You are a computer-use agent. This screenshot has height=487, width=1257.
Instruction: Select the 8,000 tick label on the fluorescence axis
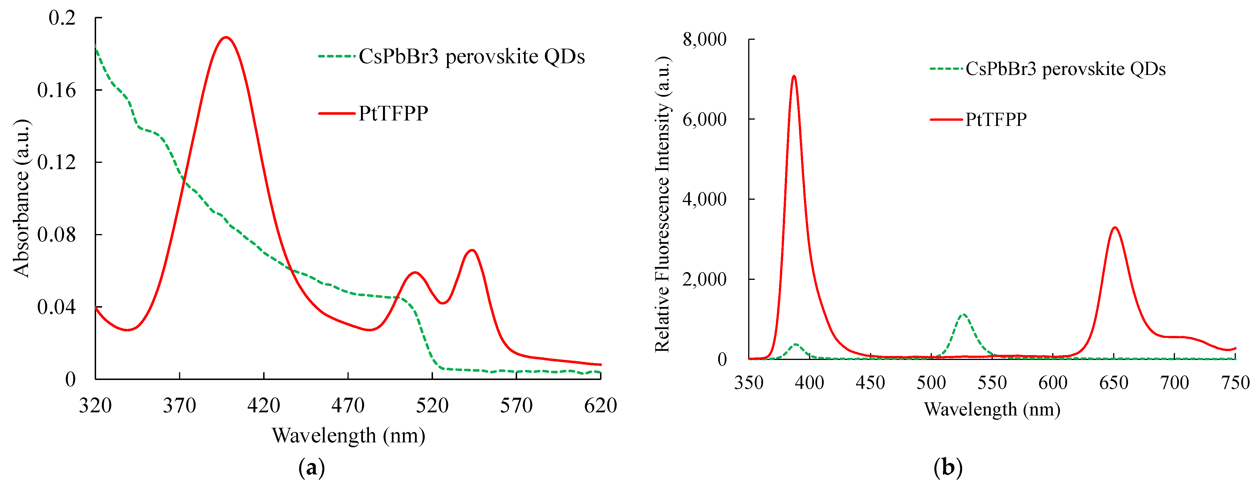(704, 39)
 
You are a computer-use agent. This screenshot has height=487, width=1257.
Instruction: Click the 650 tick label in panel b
(1113, 383)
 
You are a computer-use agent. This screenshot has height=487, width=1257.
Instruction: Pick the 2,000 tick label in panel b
(704, 280)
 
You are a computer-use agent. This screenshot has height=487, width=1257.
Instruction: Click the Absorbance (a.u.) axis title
(21, 198)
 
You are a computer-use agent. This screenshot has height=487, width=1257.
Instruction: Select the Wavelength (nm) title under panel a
(348, 435)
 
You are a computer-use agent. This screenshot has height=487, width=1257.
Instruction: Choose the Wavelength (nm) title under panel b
(992, 409)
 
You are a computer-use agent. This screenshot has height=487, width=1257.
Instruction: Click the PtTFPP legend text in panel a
(393, 113)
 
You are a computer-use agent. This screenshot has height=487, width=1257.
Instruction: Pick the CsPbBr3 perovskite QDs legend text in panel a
(471, 57)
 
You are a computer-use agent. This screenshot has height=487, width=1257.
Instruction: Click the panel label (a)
(311, 468)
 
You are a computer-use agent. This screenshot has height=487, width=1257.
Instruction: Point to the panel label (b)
(948, 468)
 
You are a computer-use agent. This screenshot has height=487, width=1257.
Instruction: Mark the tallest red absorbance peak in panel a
(225, 37)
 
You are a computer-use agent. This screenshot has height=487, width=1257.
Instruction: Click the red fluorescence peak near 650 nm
(1115, 227)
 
